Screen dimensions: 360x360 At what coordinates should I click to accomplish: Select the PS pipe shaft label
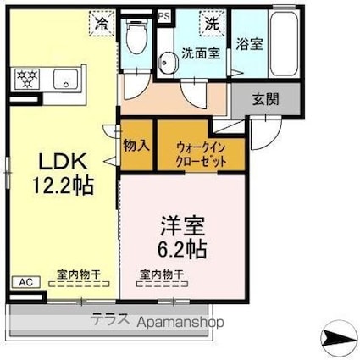pos(163,15)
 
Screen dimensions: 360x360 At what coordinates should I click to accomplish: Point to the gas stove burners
pos(25,80)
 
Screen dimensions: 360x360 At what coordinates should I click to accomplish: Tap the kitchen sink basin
pos(62,80)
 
